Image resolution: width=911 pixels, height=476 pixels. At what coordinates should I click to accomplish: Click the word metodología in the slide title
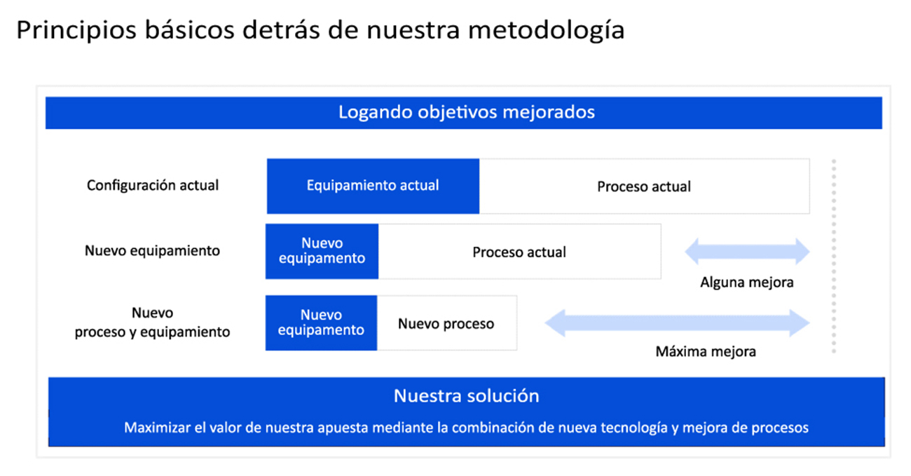point(546,31)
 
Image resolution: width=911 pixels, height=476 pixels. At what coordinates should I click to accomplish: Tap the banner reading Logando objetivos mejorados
point(464,113)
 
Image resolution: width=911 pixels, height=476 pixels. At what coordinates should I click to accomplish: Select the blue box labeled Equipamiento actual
point(373,186)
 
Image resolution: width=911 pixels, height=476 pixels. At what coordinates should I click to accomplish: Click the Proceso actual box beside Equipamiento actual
point(644,186)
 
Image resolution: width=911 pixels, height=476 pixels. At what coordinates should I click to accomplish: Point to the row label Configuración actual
point(153,186)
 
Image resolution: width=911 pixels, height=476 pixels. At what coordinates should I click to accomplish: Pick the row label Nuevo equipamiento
point(152,250)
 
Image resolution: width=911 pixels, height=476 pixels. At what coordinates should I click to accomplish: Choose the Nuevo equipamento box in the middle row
point(322,252)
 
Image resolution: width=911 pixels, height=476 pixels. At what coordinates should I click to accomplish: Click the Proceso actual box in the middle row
point(519,252)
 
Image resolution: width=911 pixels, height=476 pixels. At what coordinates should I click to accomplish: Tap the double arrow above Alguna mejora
point(748,252)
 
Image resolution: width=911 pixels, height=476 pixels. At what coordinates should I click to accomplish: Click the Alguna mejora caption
point(747,283)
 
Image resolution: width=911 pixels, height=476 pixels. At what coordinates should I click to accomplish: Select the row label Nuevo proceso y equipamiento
point(152,322)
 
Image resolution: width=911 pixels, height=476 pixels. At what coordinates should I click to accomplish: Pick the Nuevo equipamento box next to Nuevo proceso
point(321,323)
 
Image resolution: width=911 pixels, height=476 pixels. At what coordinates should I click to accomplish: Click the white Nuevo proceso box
point(447,323)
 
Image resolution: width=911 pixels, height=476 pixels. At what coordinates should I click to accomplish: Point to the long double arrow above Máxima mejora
point(677,323)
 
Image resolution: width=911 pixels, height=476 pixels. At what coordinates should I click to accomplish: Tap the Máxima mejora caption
point(706,351)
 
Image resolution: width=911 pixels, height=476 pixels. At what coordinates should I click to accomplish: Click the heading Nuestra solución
point(467,396)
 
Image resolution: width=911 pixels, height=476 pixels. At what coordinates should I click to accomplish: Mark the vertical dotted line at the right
point(834,257)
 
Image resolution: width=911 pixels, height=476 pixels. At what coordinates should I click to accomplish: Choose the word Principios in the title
point(76,31)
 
